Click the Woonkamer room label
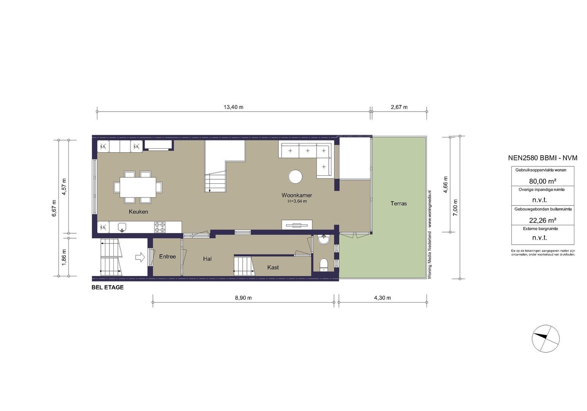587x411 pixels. pos(297,195)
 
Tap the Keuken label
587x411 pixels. pos(138,212)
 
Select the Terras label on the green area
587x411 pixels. pos(399,203)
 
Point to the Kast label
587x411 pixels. pos(273,268)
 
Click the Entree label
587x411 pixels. pos(167,256)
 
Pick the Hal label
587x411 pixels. pos(207,259)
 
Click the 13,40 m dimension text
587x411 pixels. pos(233,107)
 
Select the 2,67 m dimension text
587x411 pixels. pos(399,107)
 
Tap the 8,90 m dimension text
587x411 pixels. pos(243,298)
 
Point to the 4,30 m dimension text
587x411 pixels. pos(382,298)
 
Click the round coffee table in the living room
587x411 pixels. pos(295,177)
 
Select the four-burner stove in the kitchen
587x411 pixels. pos(160,227)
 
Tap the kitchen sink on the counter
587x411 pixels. pos(122,227)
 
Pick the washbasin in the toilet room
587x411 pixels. pos(323,240)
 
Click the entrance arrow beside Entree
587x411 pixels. pos(140,257)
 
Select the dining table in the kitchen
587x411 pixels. pos(138,187)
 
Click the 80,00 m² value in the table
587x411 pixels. pos(542,181)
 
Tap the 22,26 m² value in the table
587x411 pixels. pos(542,220)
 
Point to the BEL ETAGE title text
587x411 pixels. pos(107,287)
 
